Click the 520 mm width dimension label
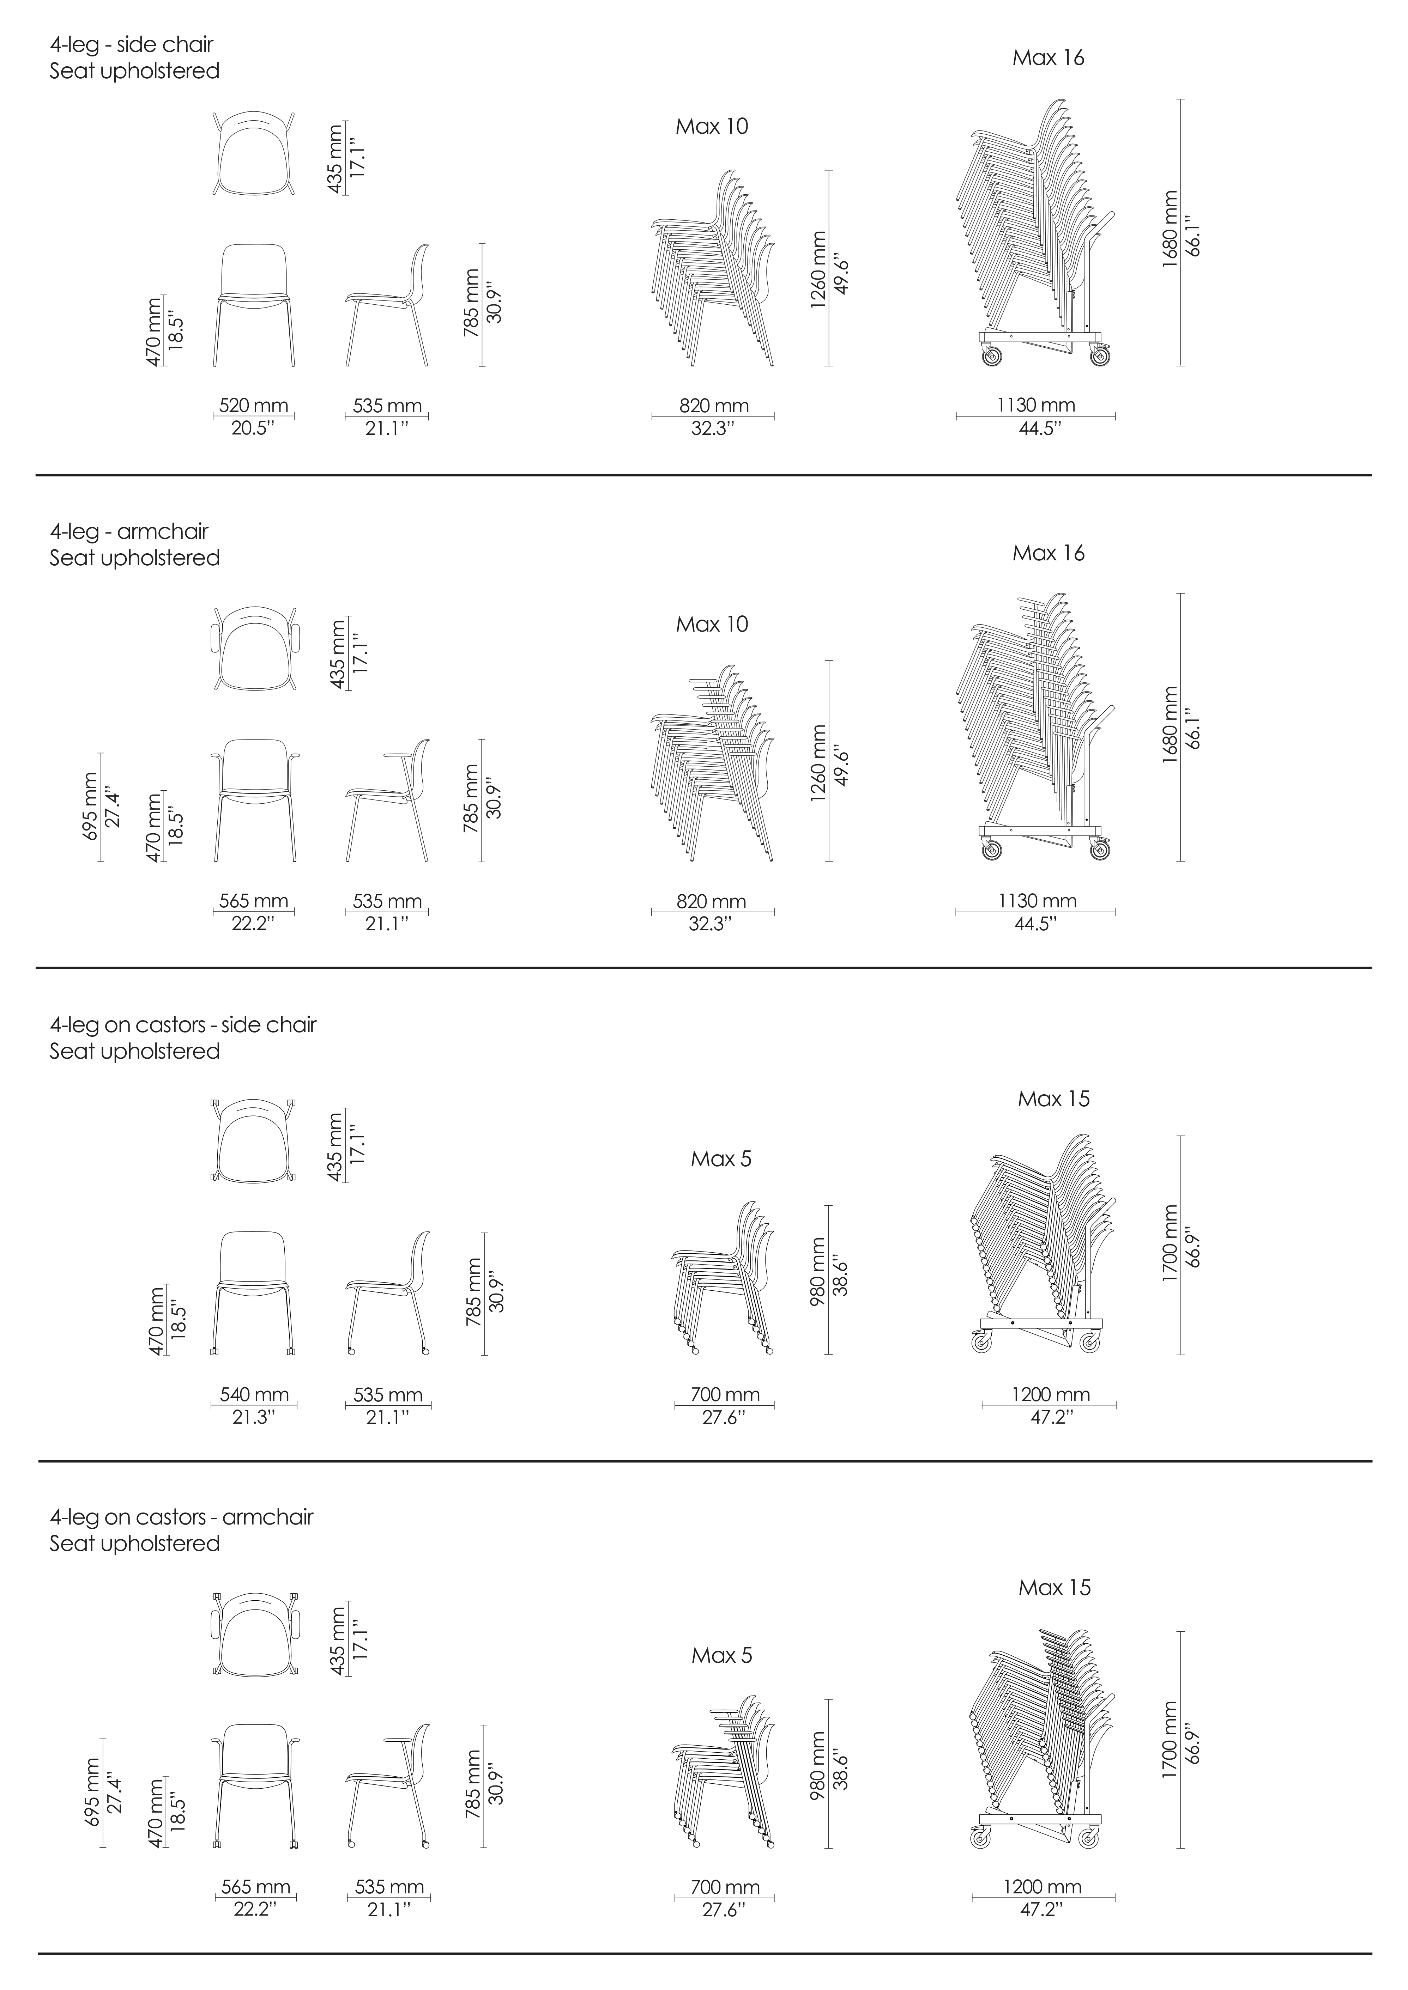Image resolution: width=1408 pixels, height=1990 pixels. coord(253,406)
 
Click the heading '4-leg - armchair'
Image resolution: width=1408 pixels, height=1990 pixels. coord(129,531)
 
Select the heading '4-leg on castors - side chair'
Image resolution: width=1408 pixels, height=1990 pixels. coord(183,1024)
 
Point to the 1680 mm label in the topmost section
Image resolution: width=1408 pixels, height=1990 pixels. coord(1171,229)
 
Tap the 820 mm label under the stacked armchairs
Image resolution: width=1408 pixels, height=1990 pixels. coord(712,901)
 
